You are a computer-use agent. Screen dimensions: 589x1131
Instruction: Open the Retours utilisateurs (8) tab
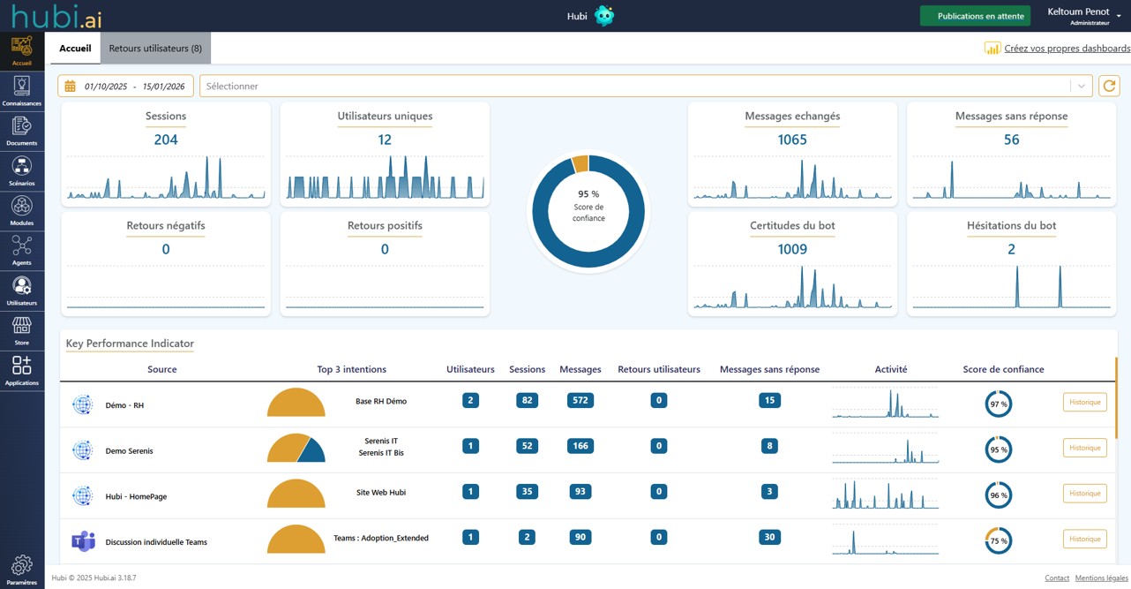[x=155, y=49]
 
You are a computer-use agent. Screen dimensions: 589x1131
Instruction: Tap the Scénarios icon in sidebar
[x=22, y=167]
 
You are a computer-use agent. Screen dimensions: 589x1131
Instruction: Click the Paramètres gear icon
[x=22, y=565]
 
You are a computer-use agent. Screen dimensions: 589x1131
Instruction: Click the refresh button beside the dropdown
[x=1109, y=86]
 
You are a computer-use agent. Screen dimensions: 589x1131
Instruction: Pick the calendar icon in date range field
[x=71, y=87]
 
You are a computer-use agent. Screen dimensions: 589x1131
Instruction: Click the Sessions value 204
[x=166, y=140]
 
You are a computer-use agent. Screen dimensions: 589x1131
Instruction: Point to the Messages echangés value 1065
[x=792, y=140]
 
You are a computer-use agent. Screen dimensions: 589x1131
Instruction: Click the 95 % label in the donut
[x=588, y=194]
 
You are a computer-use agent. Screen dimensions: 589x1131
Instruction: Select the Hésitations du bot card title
[x=1011, y=226]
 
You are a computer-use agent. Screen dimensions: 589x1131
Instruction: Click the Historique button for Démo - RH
[x=1084, y=403]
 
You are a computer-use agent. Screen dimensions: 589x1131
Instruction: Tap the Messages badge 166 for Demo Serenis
[x=580, y=446]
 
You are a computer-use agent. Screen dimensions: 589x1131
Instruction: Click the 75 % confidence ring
[x=999, y=541]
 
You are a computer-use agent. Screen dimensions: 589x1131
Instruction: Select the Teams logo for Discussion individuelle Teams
[x=83, y=541]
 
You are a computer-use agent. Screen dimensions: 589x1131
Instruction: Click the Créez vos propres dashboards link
[x=1067, y=49]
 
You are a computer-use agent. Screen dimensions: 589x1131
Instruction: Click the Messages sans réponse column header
[x=769, y=369]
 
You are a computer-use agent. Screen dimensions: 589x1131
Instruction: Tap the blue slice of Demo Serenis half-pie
[x=312, y=452]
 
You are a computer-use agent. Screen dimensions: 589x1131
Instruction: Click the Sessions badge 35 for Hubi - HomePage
[x=527, y=492]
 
